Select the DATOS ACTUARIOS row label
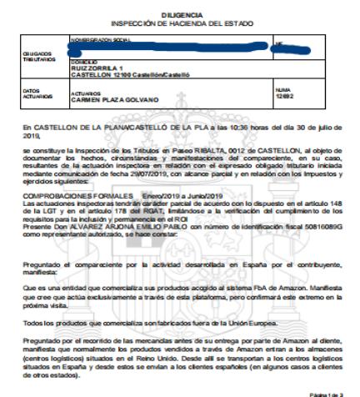click(x=34, y=92)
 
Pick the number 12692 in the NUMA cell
click(x=285, y=97)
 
